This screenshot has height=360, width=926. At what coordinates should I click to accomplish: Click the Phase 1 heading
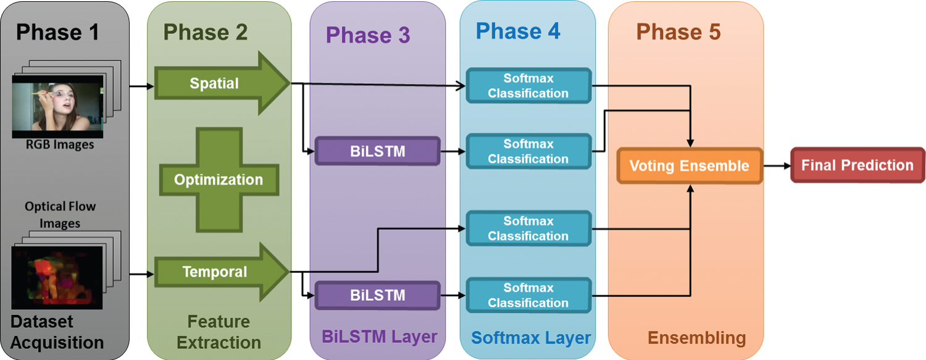click(x=57, y=32)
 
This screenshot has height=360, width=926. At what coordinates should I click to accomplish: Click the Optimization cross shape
click(x=219, y=180)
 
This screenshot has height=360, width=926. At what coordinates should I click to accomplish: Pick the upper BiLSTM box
click(x=377, y=151)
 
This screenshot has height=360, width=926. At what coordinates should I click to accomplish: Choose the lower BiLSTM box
click(x=377, y=295)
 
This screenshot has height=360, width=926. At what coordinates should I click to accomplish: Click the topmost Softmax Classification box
click(x=528, y=86)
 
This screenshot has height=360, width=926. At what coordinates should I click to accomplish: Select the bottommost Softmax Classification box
click(x=528, y=295)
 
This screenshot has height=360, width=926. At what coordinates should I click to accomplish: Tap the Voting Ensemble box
click(x=690, y=165)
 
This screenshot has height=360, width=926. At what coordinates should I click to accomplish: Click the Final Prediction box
click(x=857, y=165)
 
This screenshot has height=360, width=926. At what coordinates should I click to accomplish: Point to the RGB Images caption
click(x=60, y=144)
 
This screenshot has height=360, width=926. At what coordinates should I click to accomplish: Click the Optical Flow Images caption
click(x=60, y=214)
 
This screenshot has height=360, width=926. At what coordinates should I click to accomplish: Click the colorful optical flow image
click(x=57, y=277)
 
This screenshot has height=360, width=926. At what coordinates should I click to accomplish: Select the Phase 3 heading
click(x=368, y=35)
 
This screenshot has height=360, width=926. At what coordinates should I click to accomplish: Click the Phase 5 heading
click(x=678, y=32)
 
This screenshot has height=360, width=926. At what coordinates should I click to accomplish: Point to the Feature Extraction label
click(x=219, y=332)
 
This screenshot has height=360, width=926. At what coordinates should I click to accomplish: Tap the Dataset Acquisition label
click(x=57, y=332)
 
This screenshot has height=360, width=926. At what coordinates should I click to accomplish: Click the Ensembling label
click(x=696, y=338)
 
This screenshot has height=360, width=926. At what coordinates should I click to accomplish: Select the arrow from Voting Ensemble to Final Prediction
click(x=777, y=165)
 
